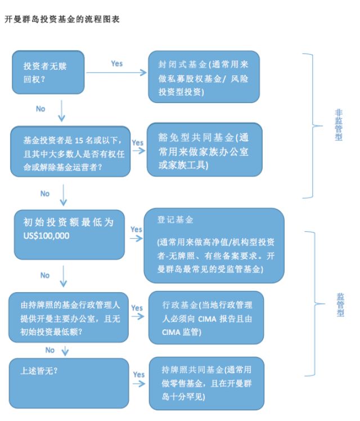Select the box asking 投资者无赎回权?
click(48, 71)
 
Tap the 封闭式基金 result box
click(204, 76)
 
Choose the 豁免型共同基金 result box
click(205, 150)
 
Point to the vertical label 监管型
click(340, 304)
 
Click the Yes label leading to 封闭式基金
click(116, 64)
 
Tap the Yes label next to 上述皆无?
click(138, 374)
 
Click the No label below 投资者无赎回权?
click(40, 109)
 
